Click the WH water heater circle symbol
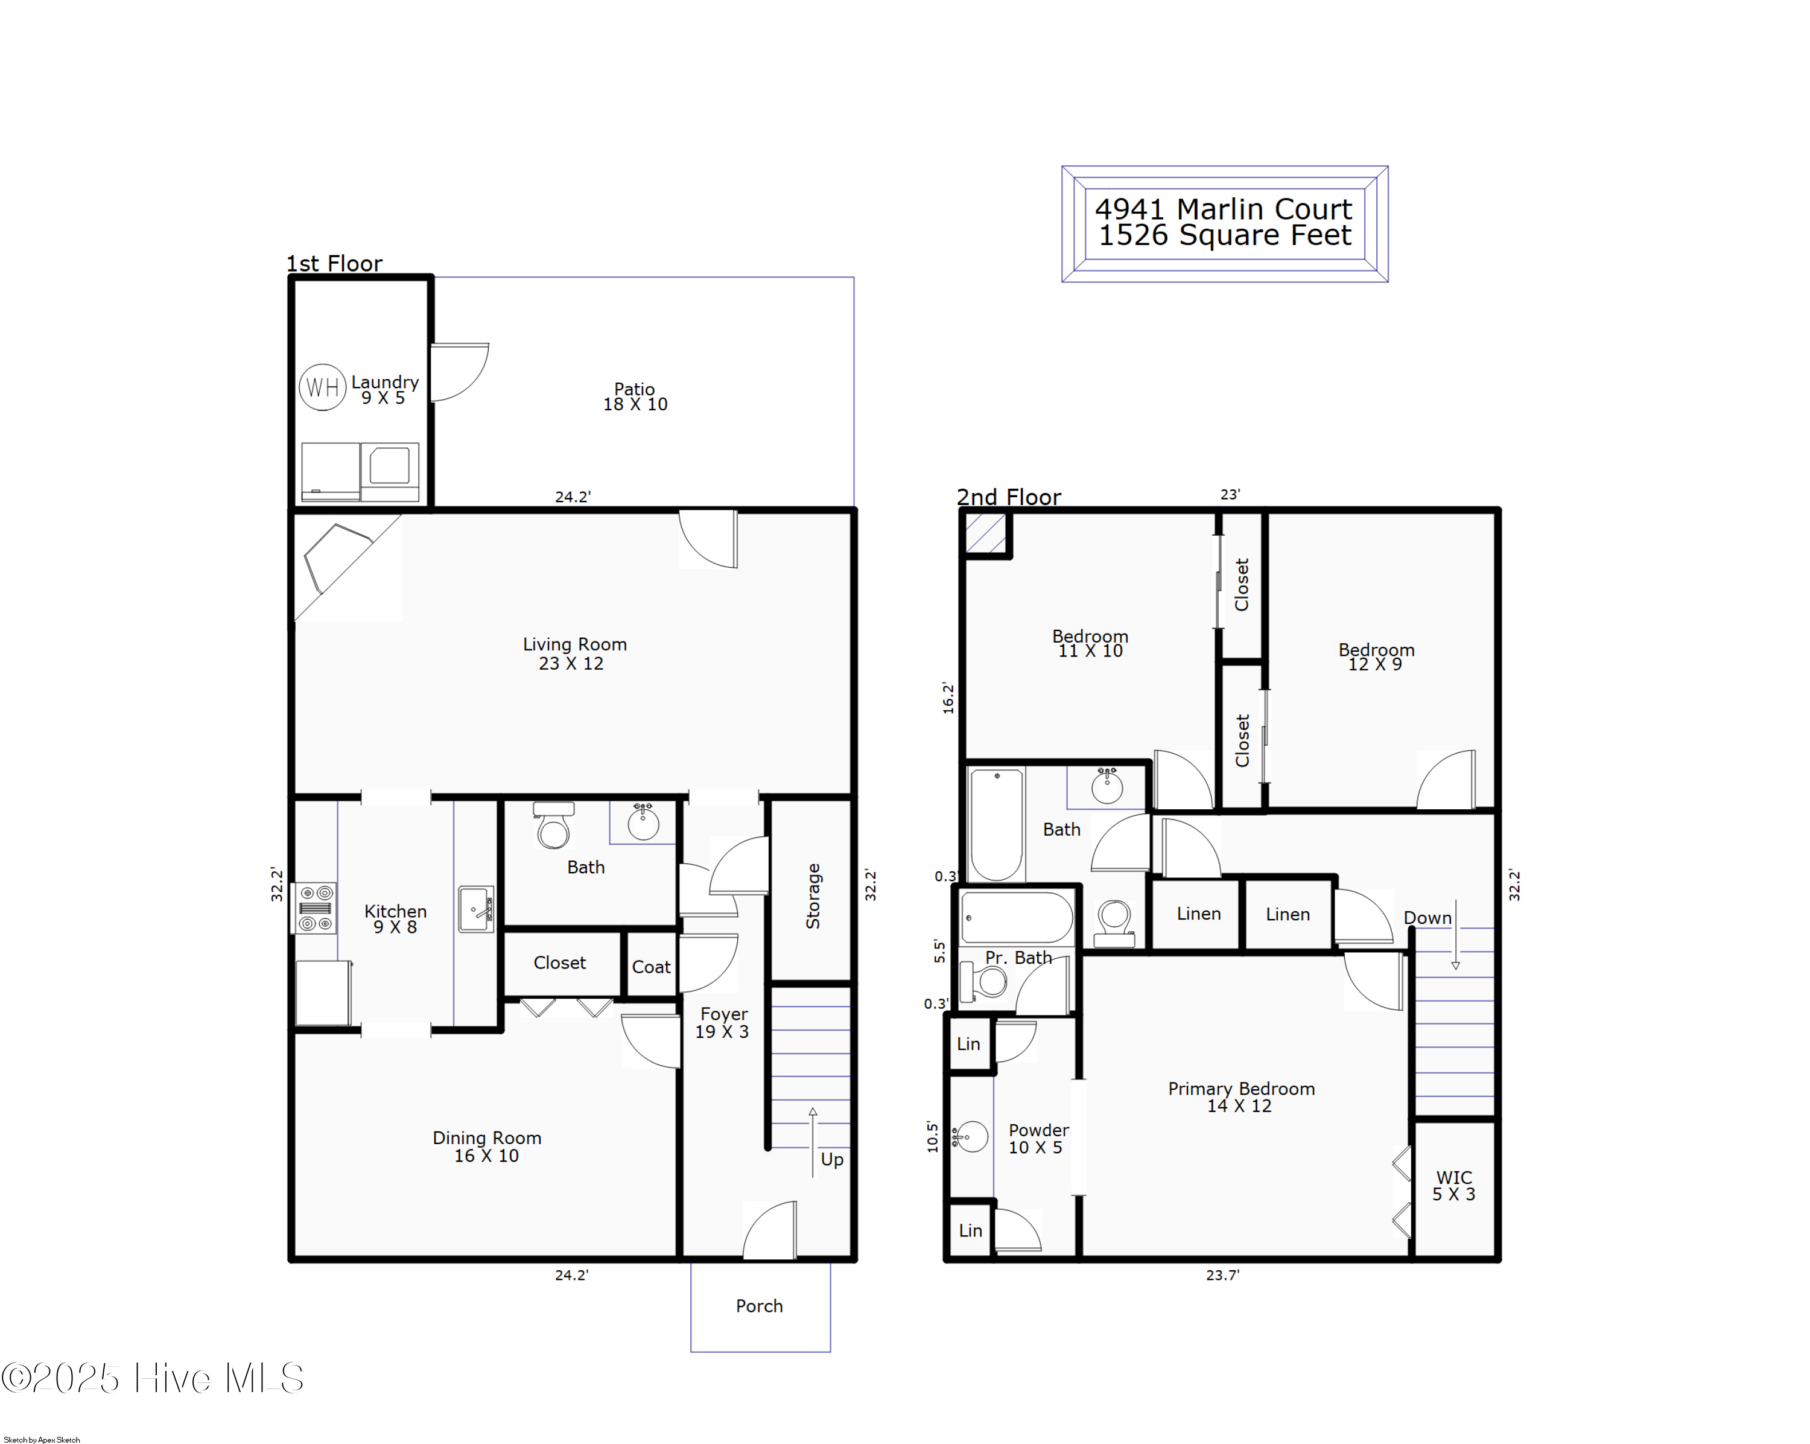coord(322,387)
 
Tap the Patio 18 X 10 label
coord(635,396)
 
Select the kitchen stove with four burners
coord(316,908)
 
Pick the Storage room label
coord(813,895)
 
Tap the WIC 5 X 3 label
coord(1453,1185)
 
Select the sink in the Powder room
coord(971,1137)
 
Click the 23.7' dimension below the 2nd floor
coord(1222,1275)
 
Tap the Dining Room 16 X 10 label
coord(487,1147)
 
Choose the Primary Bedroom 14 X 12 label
coord(1241,1097)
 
